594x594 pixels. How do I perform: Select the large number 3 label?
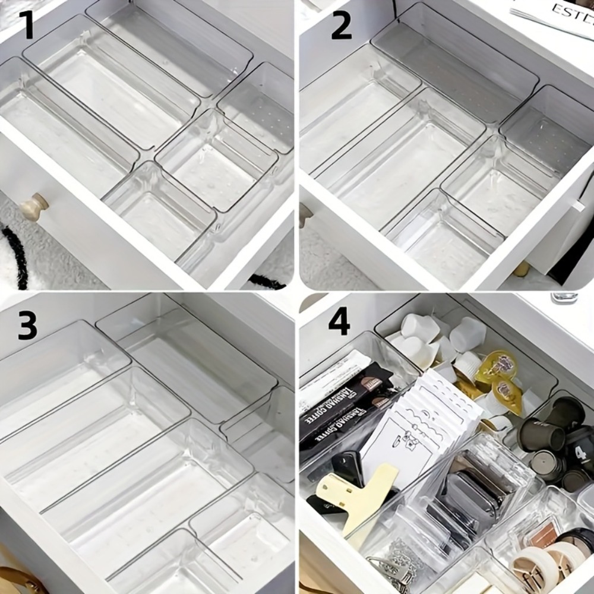click(27, 325)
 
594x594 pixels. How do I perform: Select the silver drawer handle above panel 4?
click(564, 296)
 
